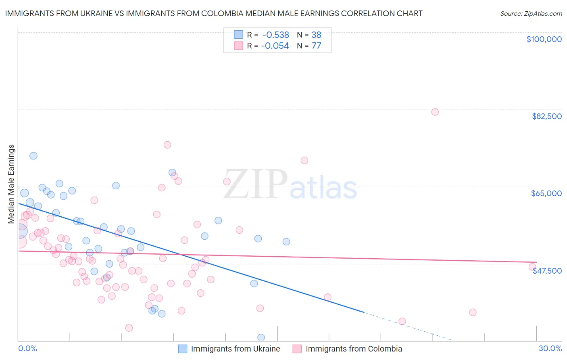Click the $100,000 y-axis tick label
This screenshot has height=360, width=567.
point(544,39)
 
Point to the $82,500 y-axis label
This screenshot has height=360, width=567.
point(546,116)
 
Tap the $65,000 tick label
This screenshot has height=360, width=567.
point(546,193)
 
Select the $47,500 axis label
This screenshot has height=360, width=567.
point(547,271)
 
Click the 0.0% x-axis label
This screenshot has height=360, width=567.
point(27,348)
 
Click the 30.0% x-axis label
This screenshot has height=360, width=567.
point(550,348)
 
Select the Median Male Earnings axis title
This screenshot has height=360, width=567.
point(11,184)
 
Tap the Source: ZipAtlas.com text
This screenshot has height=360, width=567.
point(531,13)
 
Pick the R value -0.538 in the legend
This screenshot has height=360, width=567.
point(275,35)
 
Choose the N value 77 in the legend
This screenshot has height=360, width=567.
point(316,46)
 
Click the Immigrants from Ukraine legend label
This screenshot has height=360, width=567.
point(235,349)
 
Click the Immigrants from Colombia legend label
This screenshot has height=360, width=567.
point(354,349)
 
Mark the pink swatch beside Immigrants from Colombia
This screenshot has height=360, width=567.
point(297,349)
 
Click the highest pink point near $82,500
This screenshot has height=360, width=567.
point(435,112)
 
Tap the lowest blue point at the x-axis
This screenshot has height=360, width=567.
point(261,337)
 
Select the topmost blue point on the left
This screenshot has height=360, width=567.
point(33,156)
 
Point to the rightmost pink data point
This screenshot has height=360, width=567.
point(532,267)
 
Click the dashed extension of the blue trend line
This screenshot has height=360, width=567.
point(407,327)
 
